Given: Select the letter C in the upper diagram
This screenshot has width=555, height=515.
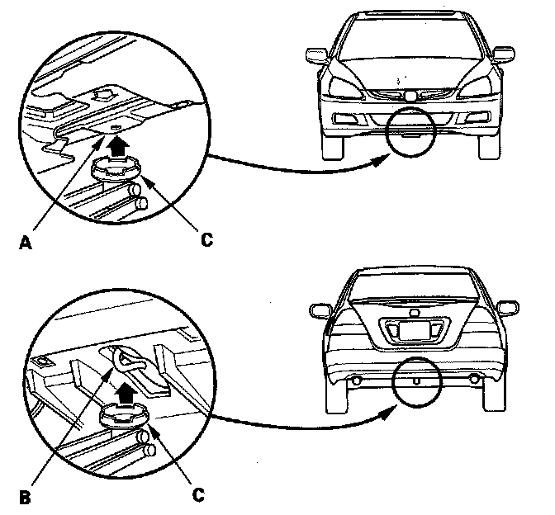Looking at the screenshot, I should [206, 239].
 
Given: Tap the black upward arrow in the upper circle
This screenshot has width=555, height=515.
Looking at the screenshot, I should [122, 147].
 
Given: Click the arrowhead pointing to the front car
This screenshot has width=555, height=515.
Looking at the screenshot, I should [378, 163].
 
